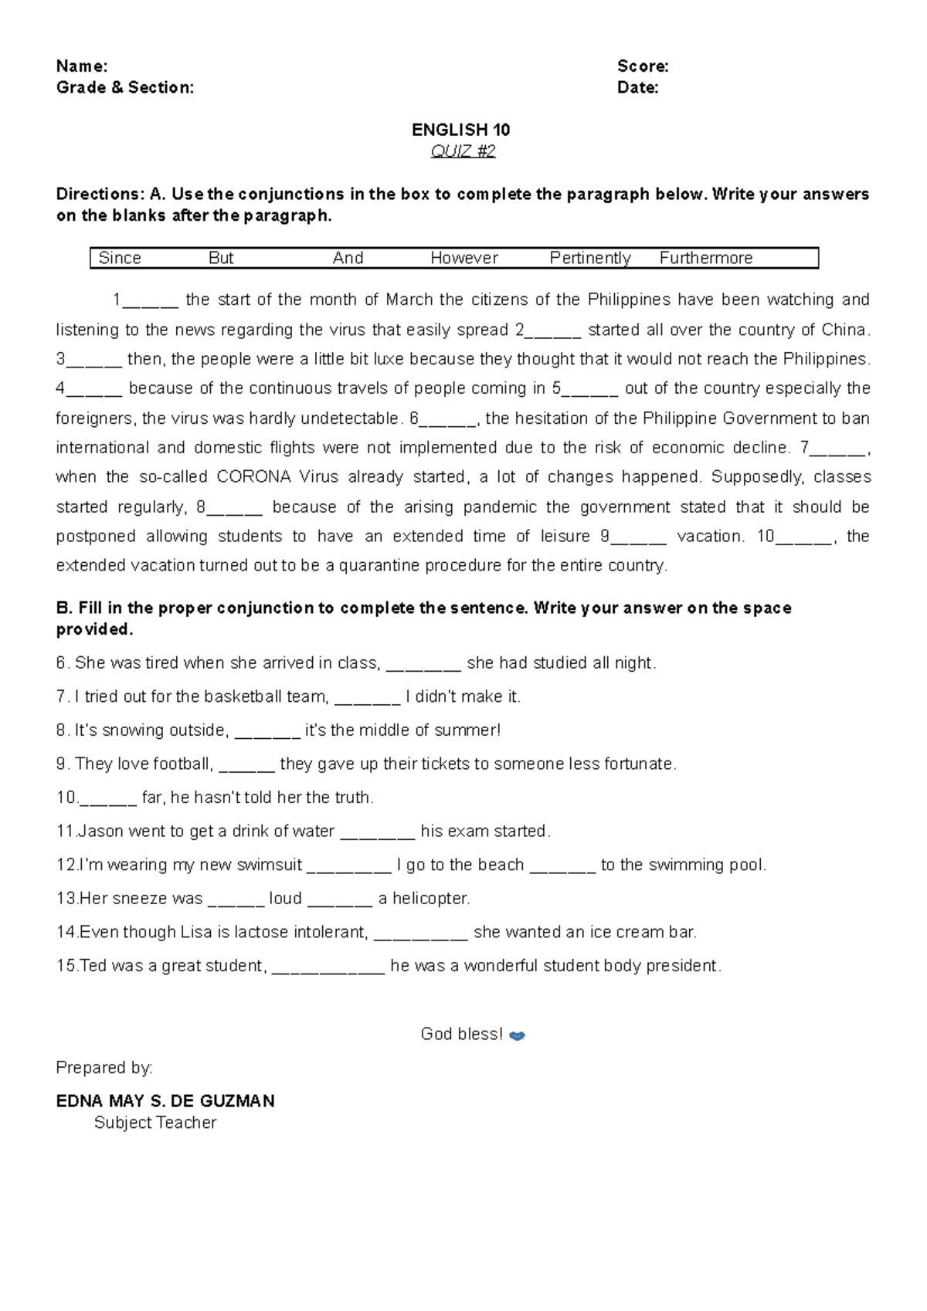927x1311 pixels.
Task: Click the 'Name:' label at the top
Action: tap(81, 66)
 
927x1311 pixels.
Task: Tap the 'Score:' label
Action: tap(643, 66)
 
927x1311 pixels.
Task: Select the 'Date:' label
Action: tap(637, 88)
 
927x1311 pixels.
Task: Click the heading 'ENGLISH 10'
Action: tap(461, 130)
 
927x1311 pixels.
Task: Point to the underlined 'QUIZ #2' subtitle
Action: tap(463, 151)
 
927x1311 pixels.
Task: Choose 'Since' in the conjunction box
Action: tap(120, 258)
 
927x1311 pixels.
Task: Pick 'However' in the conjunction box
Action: tap(464, 258)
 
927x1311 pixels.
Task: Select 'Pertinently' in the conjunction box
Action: tap(590, 258)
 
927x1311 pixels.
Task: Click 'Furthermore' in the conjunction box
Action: tap(706, 258)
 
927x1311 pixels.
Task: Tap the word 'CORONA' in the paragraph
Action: tap(253, 477)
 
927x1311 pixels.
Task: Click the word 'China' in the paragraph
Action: tap(844, 330)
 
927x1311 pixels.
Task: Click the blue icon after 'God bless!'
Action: tap(518, 1036)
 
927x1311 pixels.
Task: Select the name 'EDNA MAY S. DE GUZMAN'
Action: tap(165, 1101)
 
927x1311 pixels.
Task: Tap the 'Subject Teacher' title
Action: tap(155, 1123)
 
